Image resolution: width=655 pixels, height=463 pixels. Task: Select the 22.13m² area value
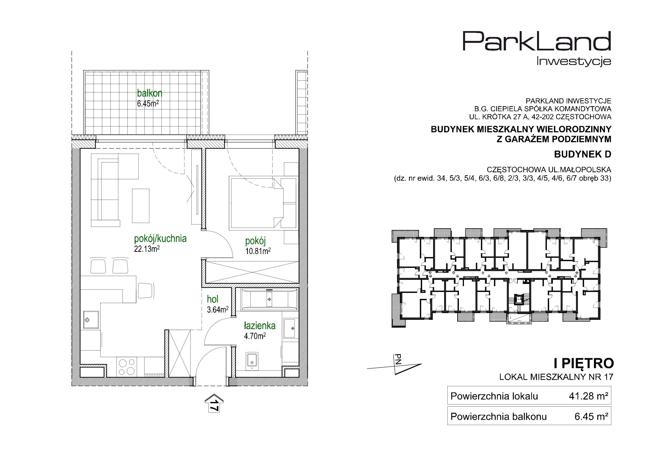tap(147, 249)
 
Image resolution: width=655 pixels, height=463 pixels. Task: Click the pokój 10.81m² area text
tap(258, 251)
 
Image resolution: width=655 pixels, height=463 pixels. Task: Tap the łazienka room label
tap(260, 325)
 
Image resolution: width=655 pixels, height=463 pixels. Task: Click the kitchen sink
tap(91, 319)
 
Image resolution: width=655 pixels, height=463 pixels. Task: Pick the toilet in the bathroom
tap(252, 361)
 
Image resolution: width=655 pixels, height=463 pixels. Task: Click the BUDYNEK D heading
tap(582, 154)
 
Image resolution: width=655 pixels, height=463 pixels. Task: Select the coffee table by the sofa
tap(141, 206)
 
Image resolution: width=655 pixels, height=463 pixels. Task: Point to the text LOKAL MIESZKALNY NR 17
tap(556, 377)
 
